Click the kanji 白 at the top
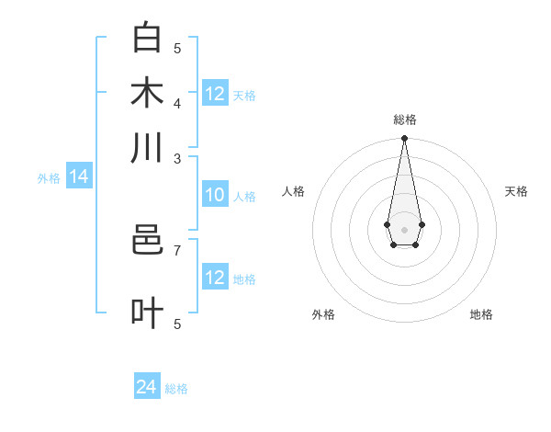(x=147, y=38)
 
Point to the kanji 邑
(x=147, y=241)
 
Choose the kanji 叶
(x=147, y=313)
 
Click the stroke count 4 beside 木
(x=177, y=103)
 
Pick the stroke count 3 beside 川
(x=177, y=158)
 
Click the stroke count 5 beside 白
(x=177, y=48)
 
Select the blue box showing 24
(x=147, y=387)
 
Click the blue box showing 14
(x=79, y=177)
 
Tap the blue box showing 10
(x=215, y=195)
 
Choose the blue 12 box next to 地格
(x=215, y=278)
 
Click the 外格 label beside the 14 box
(x=49, y=178)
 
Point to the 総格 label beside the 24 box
(x=176, y=389)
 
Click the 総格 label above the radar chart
(x=404, y=119)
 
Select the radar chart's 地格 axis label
(x=481, y=314)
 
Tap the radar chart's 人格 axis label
(x=293, y=191)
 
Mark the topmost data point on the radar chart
(x=404, y=139)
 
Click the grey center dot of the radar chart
(x=404, y=228)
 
